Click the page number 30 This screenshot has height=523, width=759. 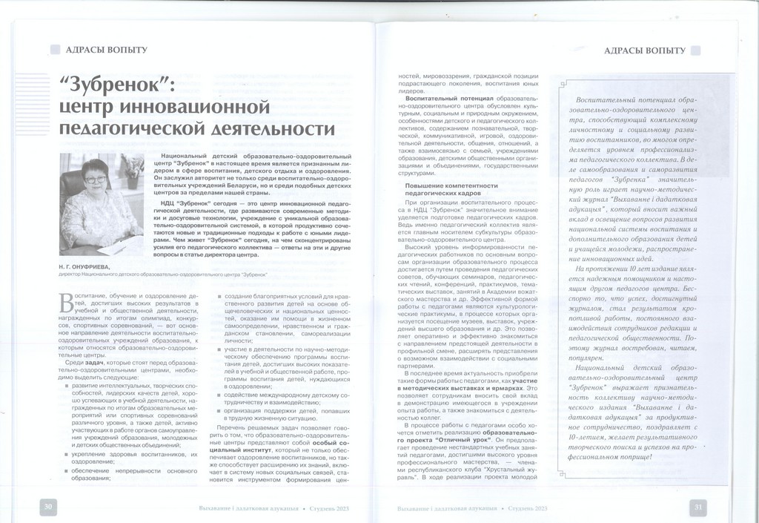pos(48,507)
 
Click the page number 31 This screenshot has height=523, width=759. pos(697,507)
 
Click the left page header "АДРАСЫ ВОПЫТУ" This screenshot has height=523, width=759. pos(107,50)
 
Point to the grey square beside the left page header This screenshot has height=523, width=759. pos(55,50)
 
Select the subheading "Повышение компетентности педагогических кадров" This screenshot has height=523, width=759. pos(441,188)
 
